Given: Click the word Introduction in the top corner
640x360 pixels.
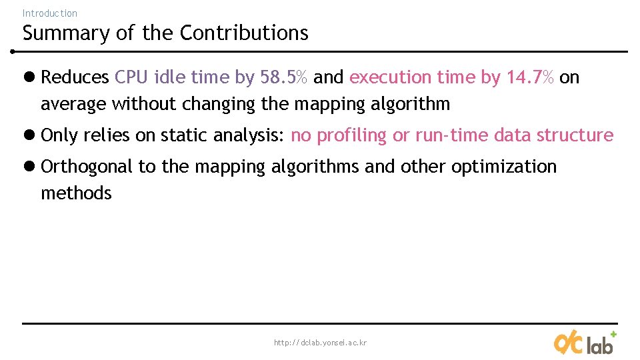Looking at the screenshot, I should tap(49, 13).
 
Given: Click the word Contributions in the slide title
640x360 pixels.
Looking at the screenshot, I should tap(244, 33).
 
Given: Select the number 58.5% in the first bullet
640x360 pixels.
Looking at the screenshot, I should tap(284, 77).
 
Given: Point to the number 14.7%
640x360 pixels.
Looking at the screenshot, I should tap(530, 77).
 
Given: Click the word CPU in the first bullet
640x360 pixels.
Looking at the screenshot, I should tap(131, 77).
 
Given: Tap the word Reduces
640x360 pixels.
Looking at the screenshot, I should tap(75, 77).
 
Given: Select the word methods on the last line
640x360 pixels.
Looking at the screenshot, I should tap(76, 193).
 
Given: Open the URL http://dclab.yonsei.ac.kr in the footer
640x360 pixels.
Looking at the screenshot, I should tap(320, 343).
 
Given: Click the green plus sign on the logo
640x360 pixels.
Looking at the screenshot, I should tap(613, 334).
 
